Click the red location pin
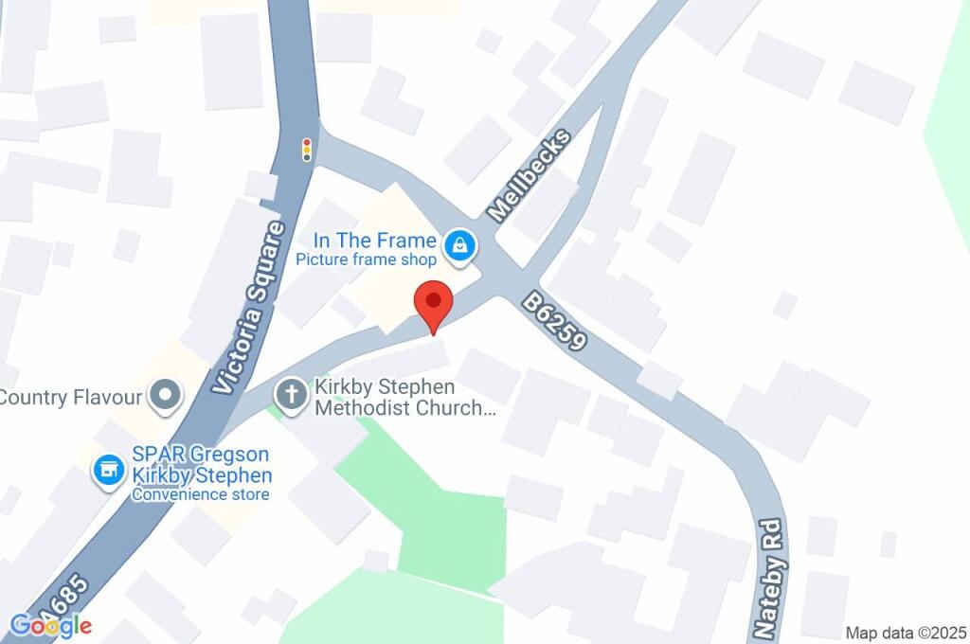[x=434, y=304]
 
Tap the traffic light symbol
[x=306, y=150]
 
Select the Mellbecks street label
[x=531, y=176]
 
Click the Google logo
[x=50, y=625]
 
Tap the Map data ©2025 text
[x=905, y=633]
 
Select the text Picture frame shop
[x=366, y=259]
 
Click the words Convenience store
[x=200, y=494]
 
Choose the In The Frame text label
[x=377, y=241]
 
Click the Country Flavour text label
[x=72, y=397]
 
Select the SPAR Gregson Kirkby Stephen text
[x=202, y=466]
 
